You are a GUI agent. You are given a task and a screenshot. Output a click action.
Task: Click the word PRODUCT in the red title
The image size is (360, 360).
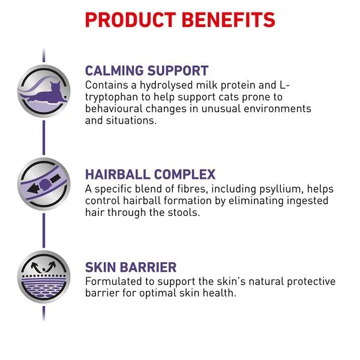pyautogui.click(x=130, y=20)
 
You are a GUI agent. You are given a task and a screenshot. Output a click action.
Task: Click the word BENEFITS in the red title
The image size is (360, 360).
pyautogui.click(x=229, y=20)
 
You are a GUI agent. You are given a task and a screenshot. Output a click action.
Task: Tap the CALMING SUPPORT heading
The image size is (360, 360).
pyautogui.click(x=147, y=70)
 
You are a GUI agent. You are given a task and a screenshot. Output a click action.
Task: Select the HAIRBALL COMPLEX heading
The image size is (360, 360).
pyautogui.click(x=150, y=174)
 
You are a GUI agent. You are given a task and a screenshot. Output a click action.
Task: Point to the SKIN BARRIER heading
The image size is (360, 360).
pyautogui.click(x=131, y=267)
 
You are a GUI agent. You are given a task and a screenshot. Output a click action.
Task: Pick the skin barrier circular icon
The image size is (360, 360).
pyautogui.click(x=44, y=277)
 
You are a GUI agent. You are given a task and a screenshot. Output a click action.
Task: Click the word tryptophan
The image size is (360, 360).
pyautogui.click(x=112, y=97)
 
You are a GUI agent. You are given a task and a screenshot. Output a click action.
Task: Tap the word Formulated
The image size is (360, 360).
pyautogui.click(x=113, y=281)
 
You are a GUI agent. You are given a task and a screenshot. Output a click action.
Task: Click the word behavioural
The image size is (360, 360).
pyautogui.click(x=113, y=109)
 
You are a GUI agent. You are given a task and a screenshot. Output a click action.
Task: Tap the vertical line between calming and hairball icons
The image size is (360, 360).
pyautogui.click(x=44, y=137)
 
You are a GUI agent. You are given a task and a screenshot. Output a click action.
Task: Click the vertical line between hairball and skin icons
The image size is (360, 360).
pyautogui.click(x=44, y=230)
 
